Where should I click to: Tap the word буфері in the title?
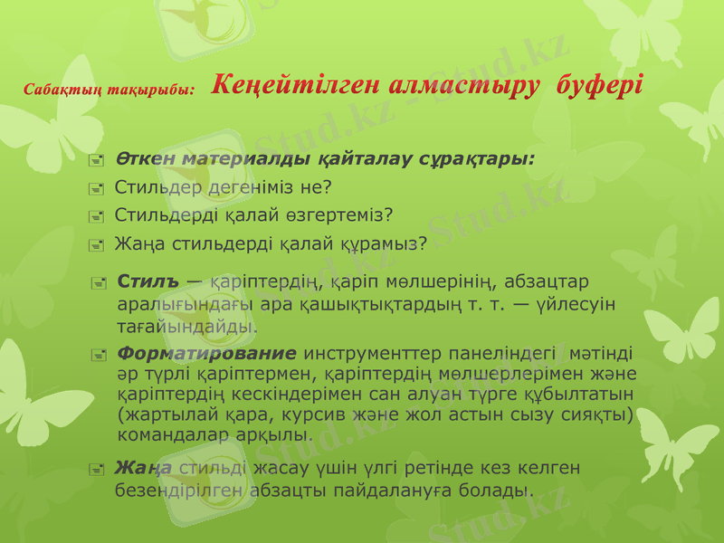600,88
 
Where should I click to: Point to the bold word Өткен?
146,160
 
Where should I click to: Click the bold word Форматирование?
207,353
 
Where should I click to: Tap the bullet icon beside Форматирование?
100,355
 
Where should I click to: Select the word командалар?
169,434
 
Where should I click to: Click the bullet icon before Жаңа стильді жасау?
97,470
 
